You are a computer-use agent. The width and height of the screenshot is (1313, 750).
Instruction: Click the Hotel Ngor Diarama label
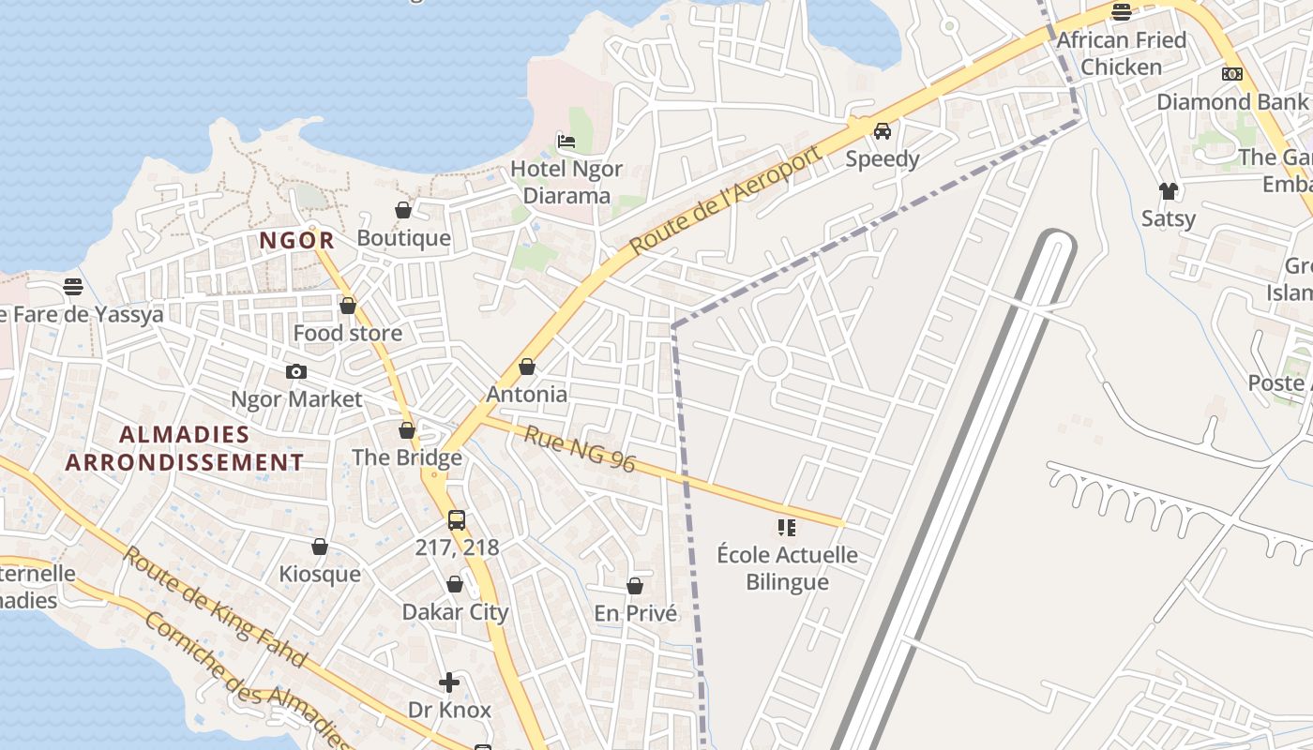click(x=566, y=182)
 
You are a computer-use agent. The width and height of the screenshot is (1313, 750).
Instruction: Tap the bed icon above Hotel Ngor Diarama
click(x=566, y=142)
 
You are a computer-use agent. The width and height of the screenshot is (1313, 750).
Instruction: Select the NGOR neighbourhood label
click(x=296, y=240)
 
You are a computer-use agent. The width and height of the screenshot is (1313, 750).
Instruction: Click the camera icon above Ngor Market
click(x=296, y=372)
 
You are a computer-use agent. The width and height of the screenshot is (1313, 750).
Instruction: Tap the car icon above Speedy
click(x=883, y=131)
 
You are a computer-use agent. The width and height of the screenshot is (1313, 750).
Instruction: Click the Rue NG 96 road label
click(x=580, y=449)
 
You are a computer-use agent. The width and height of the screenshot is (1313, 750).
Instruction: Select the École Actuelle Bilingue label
click(x=787, y=568)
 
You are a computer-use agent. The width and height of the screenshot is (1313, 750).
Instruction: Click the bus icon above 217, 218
click(x=457, y=520)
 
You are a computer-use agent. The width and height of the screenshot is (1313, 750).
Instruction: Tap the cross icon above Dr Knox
click(x=449, y=682)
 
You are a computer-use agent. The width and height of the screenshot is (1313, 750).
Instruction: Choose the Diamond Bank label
click(x=1231, y=101)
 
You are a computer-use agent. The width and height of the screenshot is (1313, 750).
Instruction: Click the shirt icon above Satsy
click(x=1169, y=191)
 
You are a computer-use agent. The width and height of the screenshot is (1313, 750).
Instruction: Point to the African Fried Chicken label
click(x=1122, y=53)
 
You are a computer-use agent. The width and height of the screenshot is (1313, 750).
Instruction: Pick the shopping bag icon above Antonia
click(x=527, y=367)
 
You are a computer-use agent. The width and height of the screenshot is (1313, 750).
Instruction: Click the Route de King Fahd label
click(x=215, y=607)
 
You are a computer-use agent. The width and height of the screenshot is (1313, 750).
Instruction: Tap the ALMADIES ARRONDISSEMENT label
click(x=185, y=448)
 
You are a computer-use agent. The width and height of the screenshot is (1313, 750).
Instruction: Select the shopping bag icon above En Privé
click(x=635, y=586)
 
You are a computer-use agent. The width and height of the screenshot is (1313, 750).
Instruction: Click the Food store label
click(x=348, y=333)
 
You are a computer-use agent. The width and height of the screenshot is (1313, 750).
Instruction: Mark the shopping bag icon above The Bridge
click(x=407, y=430)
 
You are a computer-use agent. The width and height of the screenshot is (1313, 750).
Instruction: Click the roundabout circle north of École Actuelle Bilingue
click(x=772, y=361)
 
